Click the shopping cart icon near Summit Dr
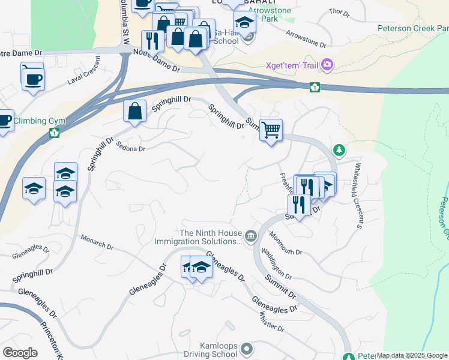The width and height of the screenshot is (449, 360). click(271, 129)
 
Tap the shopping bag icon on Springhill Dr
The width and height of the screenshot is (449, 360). click(135, 111)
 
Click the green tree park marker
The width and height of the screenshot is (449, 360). click(339, 149)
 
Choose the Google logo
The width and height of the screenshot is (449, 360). click(20, 353)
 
